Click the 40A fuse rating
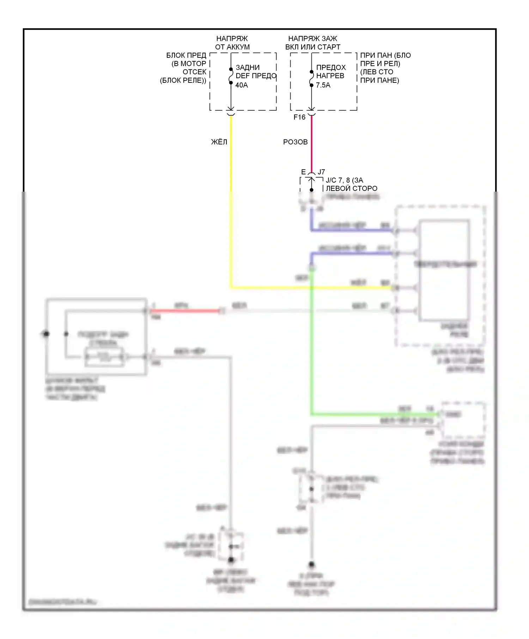(x=242, y=85)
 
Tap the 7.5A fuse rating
(x=323, y=85)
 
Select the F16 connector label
(x=299, y=117)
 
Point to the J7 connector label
(x=321, y=172)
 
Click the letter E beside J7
(x=303, y=172)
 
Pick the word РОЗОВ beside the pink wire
(x=296, y=142)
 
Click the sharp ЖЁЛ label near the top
(x=219, y=142)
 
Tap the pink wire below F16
(x=311, y=144)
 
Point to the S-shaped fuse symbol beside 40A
(x=231, y=76)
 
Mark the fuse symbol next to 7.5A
(x=311, y=78)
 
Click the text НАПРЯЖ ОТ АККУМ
(x=232, y=43)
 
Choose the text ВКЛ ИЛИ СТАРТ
(x=313, y=47)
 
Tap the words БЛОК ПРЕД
(x=186, y=56)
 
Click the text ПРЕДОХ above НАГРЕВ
(x=331, y=67)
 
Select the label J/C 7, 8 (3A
(x=344, y=180)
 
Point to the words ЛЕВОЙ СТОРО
(x=351, y=188)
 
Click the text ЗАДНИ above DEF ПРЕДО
(x=248, y=67)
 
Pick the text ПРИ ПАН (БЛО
(x=385, y=56)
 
